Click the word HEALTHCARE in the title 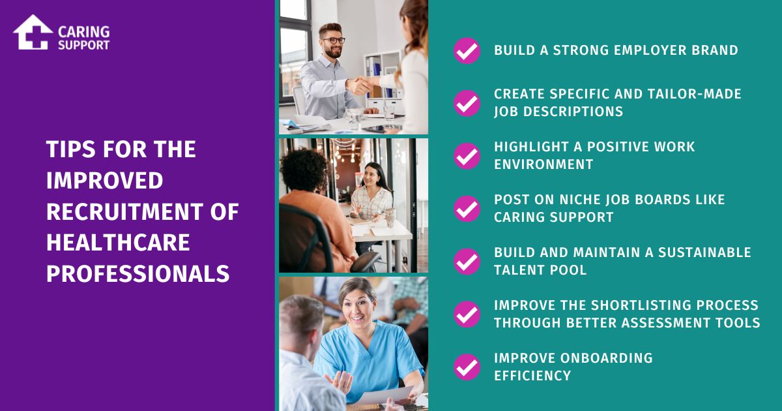pos(118,243)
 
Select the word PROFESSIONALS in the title pos(138,274)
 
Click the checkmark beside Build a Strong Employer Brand pos(467,51)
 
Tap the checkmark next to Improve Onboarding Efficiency pos(467,367)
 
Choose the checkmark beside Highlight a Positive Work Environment pos(467,156)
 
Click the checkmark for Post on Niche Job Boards pos(467,209)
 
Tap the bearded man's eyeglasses pos(332,40)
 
